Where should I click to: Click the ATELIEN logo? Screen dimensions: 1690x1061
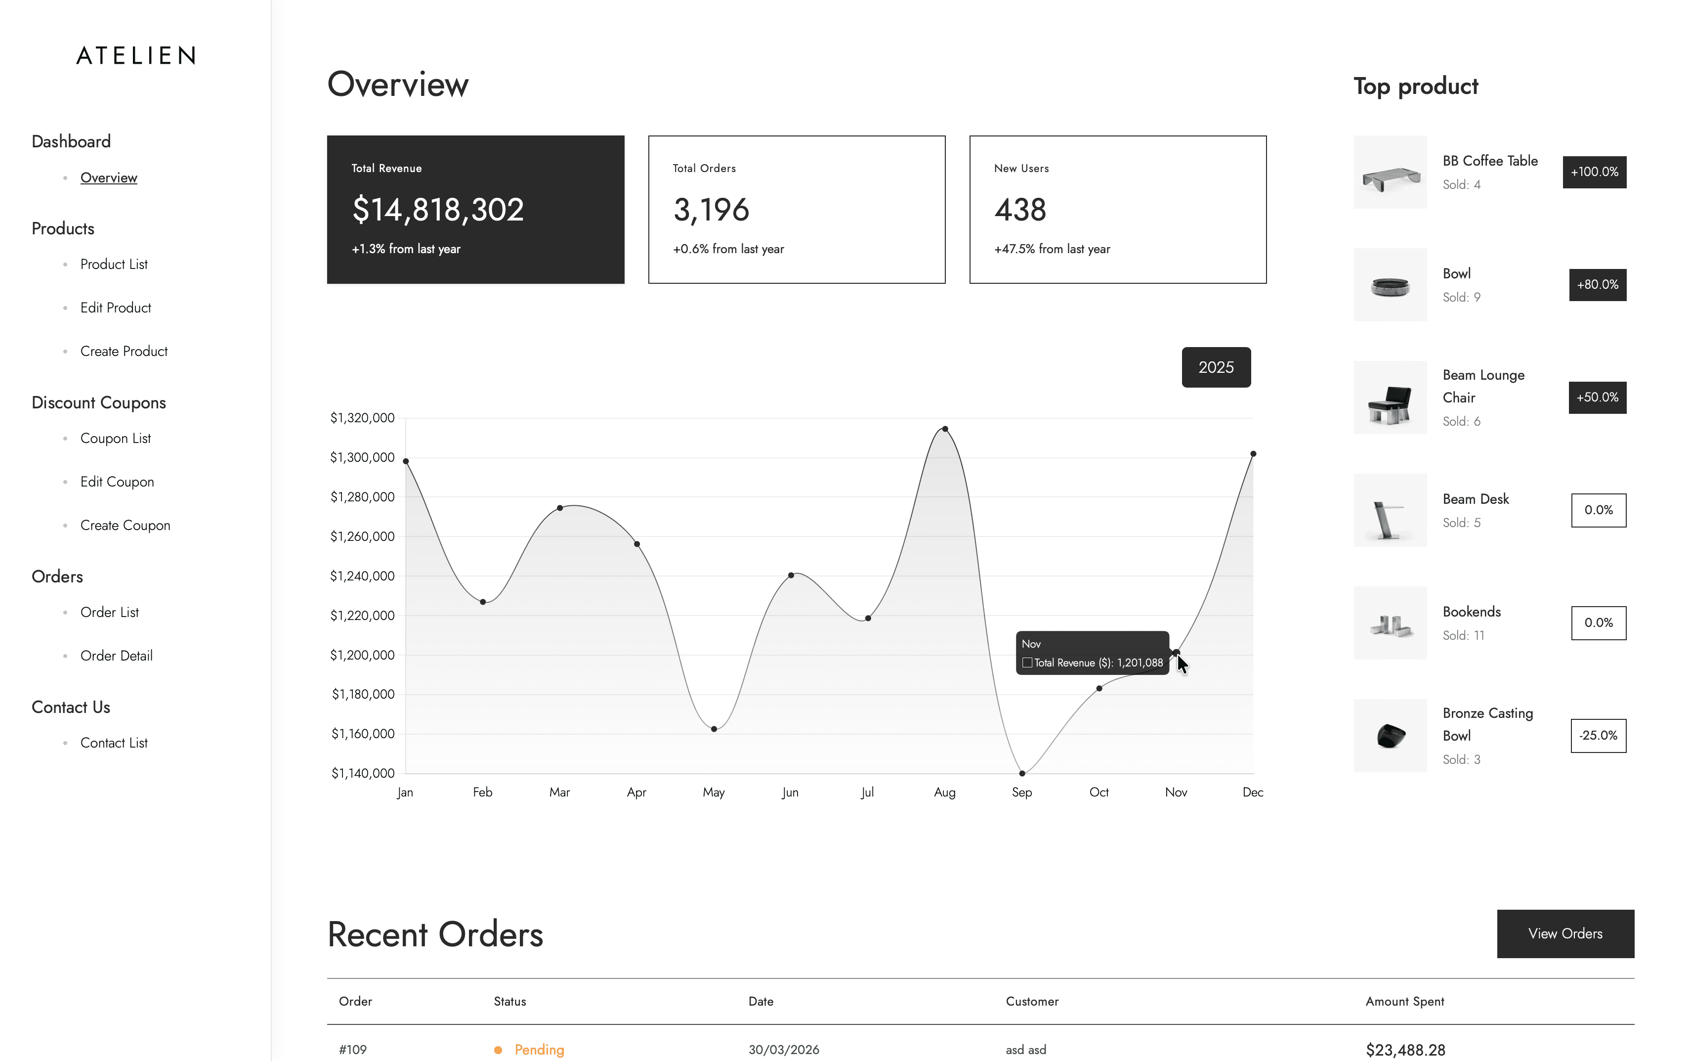click(135, 55)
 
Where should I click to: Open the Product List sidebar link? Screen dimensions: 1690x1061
click(114, 265)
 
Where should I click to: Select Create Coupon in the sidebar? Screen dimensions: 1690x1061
click(125, 526)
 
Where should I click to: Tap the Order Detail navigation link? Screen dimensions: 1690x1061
click(117, 656)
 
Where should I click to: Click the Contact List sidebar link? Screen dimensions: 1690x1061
click(114, 743)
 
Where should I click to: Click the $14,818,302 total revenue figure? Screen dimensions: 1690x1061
click(438, 210)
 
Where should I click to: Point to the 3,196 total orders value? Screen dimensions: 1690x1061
click(711, 210)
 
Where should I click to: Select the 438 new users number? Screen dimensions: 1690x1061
click(1020, 210)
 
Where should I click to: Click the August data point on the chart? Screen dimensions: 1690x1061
click(945, 429)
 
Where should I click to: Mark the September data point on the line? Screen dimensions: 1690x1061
click(1022, 773)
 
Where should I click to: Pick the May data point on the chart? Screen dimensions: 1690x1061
click(714, 729)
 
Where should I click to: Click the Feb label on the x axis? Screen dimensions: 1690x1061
click(482, 792)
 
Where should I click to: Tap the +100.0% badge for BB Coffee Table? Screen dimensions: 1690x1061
click(1595, 172)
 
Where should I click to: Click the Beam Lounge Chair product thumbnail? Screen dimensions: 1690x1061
click(1390, 397)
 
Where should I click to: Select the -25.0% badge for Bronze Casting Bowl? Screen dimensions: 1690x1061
click(1598, 735)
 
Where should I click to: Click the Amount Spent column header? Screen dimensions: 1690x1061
click(1404, 1001)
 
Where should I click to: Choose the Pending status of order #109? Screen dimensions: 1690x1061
click(539, 1050)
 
